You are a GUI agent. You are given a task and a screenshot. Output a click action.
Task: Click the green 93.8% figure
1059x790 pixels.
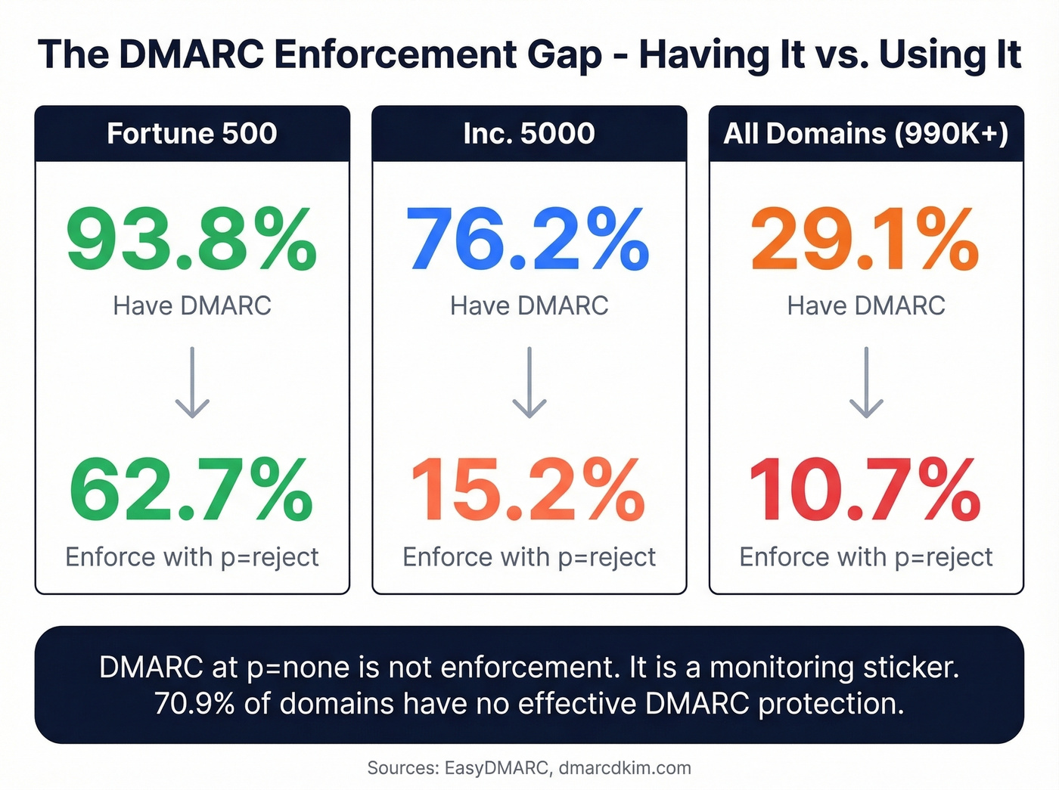coord(191,240)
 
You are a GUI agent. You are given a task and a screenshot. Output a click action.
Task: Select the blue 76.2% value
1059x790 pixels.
coord(528,240)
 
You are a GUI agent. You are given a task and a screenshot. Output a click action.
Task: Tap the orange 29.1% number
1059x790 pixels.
coord(865,240)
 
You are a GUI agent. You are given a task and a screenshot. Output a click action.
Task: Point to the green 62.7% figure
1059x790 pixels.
coord(191,491)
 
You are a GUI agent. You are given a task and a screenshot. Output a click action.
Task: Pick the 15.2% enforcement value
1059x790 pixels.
coord(528,491)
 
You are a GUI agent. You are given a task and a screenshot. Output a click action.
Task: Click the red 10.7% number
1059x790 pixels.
coord(865,491)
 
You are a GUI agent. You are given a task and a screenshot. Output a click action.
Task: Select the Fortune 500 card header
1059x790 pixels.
coord(192,134)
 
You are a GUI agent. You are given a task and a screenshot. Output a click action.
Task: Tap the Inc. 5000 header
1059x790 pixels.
coord(529,134)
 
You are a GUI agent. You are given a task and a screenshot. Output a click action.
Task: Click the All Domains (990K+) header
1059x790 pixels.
coord(865,134)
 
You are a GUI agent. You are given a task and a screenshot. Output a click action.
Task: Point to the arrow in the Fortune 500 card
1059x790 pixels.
coord(192,383)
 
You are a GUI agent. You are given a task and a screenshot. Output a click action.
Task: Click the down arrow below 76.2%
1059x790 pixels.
coord(529,383)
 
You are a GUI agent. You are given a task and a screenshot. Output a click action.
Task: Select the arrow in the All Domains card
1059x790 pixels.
coord(866,383)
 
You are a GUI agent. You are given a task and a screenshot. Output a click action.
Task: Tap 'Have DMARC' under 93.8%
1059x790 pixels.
coord(192,305)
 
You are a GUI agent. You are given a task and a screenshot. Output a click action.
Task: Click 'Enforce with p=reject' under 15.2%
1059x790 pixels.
coord(529,557)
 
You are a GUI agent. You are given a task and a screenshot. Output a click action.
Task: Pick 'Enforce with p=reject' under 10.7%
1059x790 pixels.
coord(865,557)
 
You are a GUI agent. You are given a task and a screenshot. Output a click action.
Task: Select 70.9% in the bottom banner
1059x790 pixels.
coord(194,704)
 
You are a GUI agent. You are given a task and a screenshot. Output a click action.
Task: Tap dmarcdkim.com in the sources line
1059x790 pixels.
coord(625,768)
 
